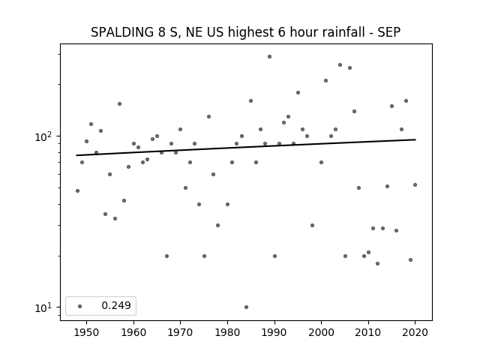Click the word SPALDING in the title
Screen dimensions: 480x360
point(122,32)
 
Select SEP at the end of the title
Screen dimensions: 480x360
point(388,32)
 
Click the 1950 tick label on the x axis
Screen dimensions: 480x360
point(87,332)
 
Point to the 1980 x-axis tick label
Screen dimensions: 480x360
point(227,332)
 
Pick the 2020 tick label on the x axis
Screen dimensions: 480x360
point(415,332)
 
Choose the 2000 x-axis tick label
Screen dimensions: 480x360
point(322,332)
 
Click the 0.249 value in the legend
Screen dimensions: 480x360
point(116,305)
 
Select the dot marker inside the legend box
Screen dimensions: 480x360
point(80,306)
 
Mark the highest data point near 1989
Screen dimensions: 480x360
point(270,57)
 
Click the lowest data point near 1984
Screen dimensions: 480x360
point(247,307)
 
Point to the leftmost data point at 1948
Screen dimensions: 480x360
point(77,190)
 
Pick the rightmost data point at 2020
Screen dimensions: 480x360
point(415,185)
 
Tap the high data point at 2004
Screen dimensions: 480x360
point(340,65)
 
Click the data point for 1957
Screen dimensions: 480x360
point(120,103)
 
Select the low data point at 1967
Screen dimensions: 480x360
point(166,256)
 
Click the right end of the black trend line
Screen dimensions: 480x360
point(415,139)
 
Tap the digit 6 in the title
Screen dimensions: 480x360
point(282,32)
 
